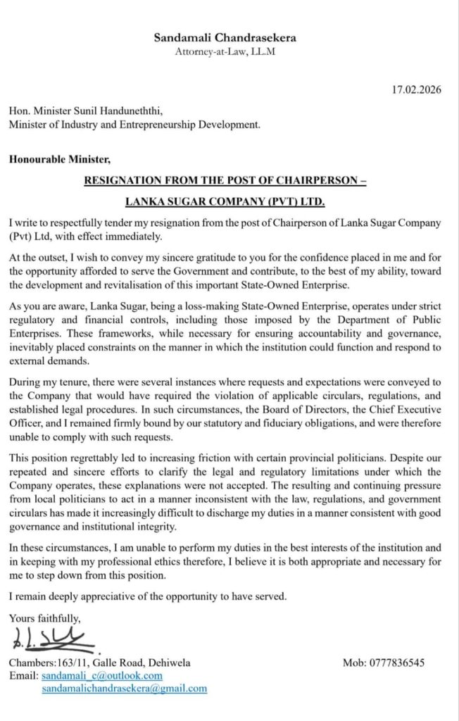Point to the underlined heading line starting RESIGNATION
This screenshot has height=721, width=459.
tap(225, 180)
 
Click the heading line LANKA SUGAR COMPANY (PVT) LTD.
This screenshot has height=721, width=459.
tap(225, 202)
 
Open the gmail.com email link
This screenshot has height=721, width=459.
tap(124, 688)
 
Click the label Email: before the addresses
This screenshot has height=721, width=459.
tap(23, 675)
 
